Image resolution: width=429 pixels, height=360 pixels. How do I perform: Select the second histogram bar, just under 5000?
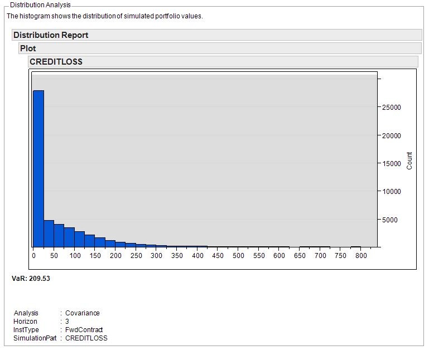point(49,233)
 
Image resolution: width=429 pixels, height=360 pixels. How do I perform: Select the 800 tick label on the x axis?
point(361,256)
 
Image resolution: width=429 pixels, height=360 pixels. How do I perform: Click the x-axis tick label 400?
point(197,256)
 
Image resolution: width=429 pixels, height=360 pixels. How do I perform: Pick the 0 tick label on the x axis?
point(34,256)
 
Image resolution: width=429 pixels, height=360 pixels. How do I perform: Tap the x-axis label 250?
point(136,256)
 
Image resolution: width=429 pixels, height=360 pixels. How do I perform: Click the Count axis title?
point(409,160)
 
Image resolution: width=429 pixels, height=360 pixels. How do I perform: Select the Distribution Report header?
point(51,35)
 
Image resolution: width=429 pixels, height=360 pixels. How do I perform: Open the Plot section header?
point(28,48)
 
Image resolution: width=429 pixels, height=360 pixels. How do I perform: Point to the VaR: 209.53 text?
point(31,278)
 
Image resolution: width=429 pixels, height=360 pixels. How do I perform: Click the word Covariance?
point(83,313)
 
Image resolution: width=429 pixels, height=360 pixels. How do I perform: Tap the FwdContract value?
point(84,330)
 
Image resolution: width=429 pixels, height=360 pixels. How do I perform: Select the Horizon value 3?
point(67,322)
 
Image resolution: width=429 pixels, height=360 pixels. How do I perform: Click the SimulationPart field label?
point(35,338)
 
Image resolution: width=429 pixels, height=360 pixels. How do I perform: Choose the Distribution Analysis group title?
point(40,5)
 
